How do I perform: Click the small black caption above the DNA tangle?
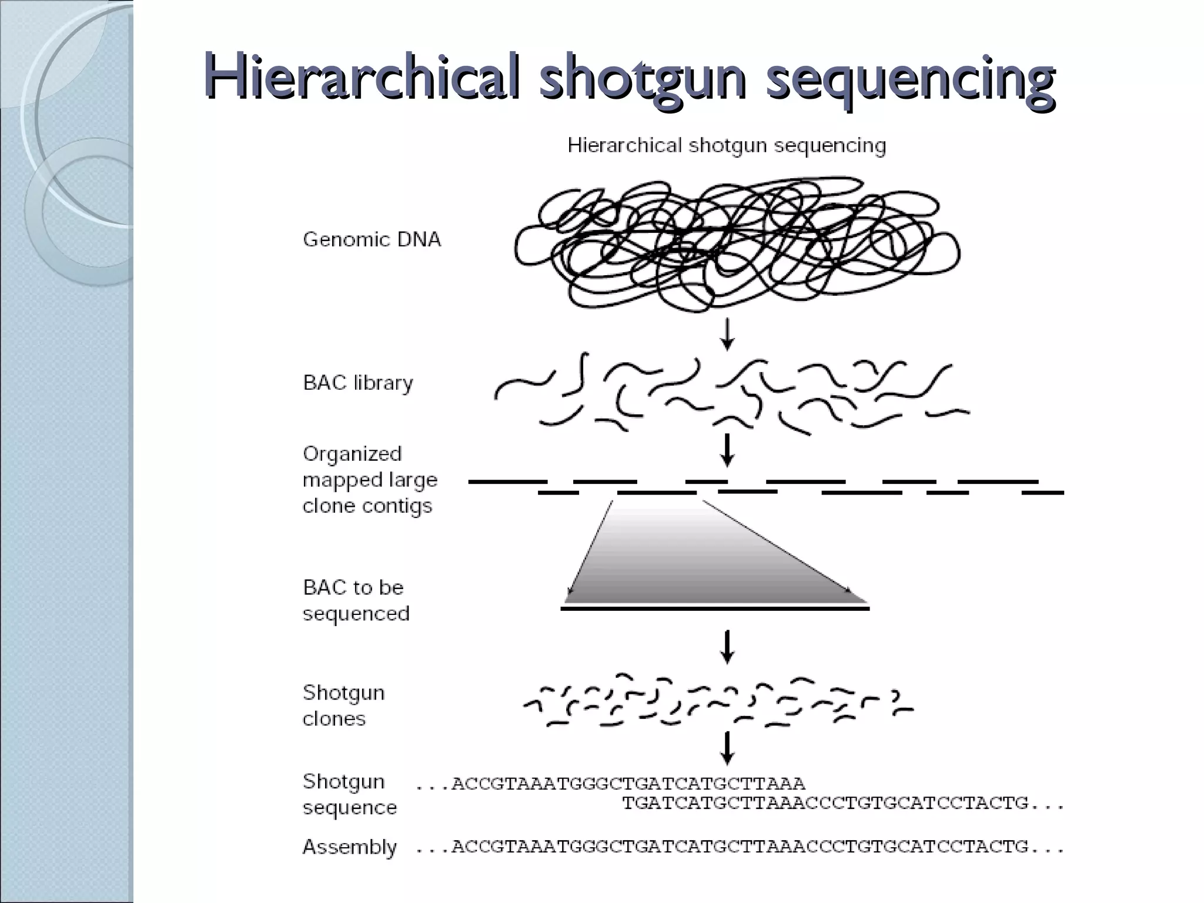tap(727, 146)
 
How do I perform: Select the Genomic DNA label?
tap(372, 240)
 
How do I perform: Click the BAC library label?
tap(358, 383)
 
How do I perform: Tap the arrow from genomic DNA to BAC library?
tap(728, 334)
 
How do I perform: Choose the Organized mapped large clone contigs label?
tap(370, 480)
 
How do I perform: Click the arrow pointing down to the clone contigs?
tap(728, 450)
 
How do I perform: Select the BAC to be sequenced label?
tap(356, 600)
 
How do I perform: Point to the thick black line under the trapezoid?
tap(715, 609)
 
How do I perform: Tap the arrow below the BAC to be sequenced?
tap(728, 647)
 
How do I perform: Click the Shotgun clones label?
tap(343, 705)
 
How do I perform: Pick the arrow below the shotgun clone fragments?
tap(728, 748)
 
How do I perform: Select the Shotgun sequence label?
tap(349, 794)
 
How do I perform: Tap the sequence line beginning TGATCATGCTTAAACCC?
tap(843, 803)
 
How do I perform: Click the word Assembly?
tap(349, 847)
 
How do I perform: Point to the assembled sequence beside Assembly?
tap(740, 847)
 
